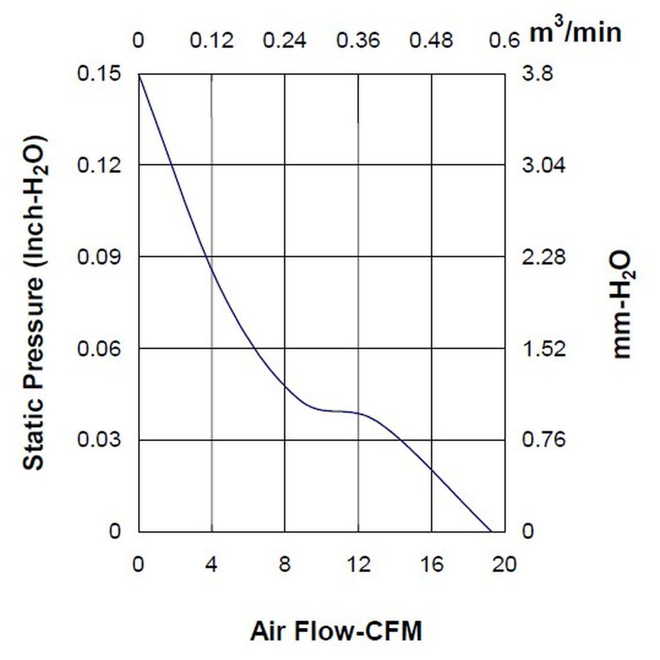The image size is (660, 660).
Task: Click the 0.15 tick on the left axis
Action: [x=99, y=74]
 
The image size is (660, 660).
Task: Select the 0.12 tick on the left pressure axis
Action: [x=99, y=165]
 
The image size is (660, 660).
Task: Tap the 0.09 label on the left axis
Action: [x=99, y=257]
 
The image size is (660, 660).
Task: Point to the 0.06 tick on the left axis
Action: [x=99, y=349]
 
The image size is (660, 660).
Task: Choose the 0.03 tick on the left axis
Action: [x=99, y=440]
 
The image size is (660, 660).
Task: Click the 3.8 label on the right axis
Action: [x=537, y=74]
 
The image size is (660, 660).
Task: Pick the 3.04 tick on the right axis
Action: [x=544, y=165]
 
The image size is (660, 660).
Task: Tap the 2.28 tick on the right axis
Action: [x=544, y=257]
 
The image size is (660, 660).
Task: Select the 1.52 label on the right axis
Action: [x=544, y=349]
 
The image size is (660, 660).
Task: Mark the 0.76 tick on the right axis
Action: [x=544, y=440]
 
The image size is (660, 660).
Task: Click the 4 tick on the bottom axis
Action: [x=211, y=564]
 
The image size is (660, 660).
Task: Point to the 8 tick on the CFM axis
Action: [x=284, y=564]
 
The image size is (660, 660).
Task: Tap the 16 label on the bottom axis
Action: [x=431, y=564]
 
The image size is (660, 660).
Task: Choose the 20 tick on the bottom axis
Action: [x=504, y=564]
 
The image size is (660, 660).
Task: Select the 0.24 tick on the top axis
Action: [x=284, y=41]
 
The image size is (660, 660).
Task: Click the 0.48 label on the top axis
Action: [x=431, y=41]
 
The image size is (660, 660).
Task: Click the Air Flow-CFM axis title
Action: [x=336, y=632]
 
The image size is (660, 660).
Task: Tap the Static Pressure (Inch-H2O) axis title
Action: [x=34, y=303]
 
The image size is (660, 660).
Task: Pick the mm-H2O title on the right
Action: [x=623, y=305]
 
